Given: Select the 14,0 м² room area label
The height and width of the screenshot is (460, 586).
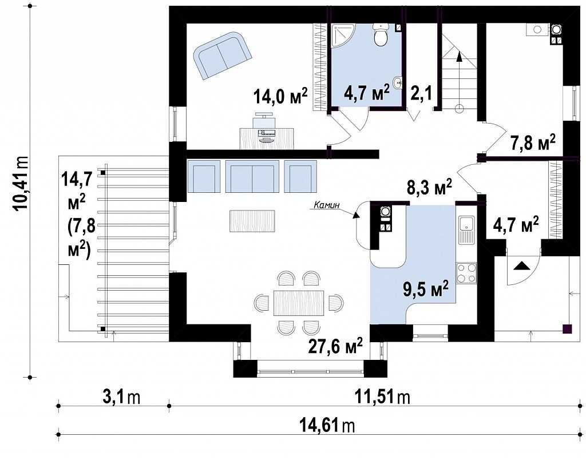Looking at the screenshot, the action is pyautogui.click(x=280, y=97).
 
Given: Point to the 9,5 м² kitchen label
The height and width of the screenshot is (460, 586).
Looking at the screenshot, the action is pyautogui.click(x=426, y=290).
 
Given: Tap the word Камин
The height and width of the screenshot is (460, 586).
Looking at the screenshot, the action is pyautogui.click(x=326, y=205).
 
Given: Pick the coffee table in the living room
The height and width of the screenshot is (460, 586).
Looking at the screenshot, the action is pyautogui.click(x=252, y=221).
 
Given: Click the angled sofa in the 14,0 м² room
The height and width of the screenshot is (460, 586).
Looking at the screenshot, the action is pyautogui.click(x=222, y=55).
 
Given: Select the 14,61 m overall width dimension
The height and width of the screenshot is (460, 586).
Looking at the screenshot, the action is pyautogui.click(x=327, y=425).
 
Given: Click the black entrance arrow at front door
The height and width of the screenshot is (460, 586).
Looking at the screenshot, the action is pyautogui.click(x=521, y=266).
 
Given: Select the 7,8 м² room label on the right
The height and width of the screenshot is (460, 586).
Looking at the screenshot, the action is pyautogui.click(x=533, y=142).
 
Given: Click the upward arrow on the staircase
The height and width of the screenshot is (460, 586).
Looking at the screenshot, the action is pyautogui.click(x=459, y=77).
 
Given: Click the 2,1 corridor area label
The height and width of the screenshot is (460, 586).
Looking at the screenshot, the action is pyautogui.click(x=422, y=93).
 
